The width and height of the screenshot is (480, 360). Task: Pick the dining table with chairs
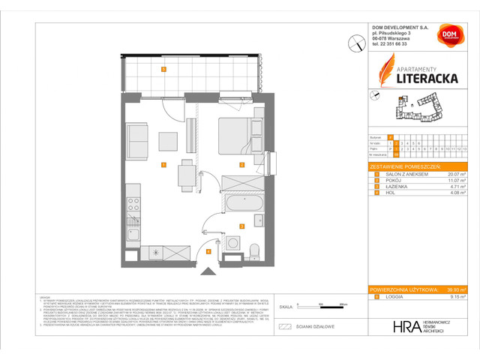click(184, 175)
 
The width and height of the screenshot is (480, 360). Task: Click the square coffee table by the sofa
click(167, 140)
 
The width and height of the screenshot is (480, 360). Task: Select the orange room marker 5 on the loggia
click(163, 69)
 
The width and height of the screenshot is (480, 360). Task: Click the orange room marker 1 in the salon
click(163, 164)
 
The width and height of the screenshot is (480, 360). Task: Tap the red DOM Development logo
click(451, 34)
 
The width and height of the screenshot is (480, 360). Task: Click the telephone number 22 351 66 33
click(394, 43)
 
